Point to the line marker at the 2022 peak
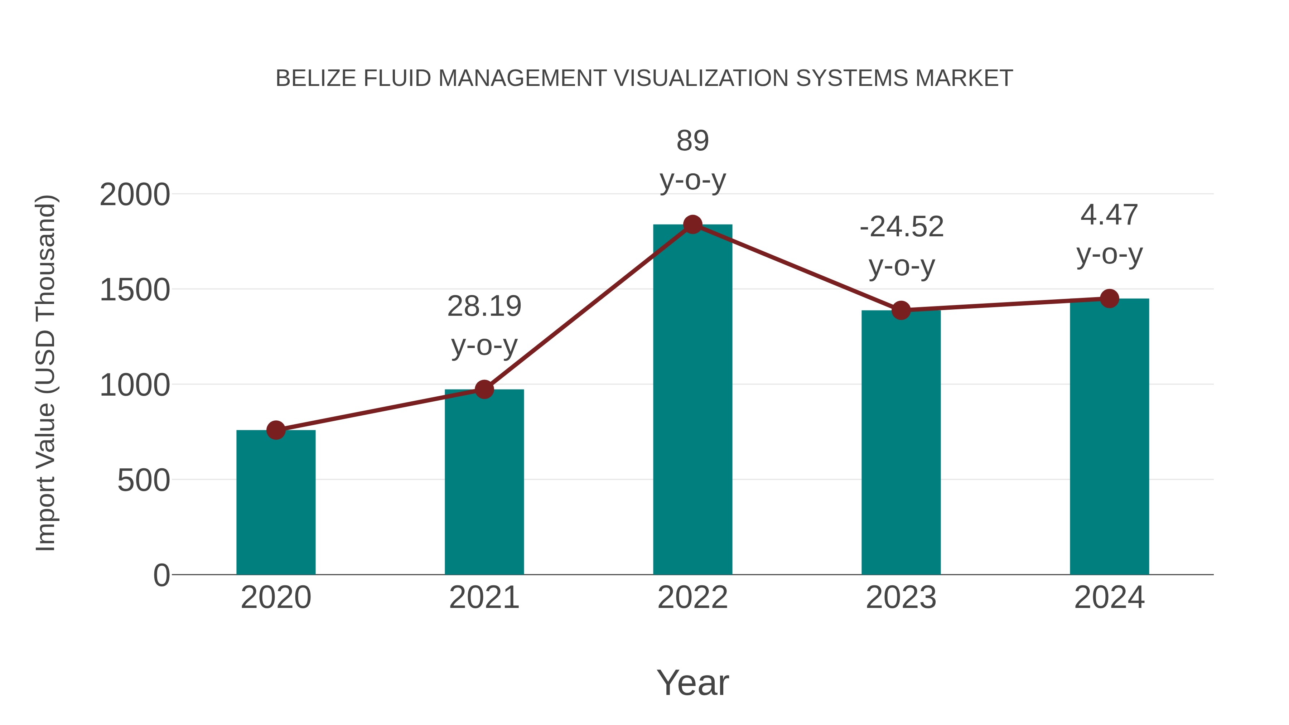[692, 224]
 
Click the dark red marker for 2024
[1109, 299]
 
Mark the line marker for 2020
[276, 430]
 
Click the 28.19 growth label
[484, 306]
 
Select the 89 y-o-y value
[692, 141]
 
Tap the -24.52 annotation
[901, 227]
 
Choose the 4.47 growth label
[1109, 215]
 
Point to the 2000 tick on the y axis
[135, 195]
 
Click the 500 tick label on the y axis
[144, 481]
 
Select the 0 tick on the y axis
[161, 575]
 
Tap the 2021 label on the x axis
[484, 598]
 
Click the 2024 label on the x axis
[1109, 598]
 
